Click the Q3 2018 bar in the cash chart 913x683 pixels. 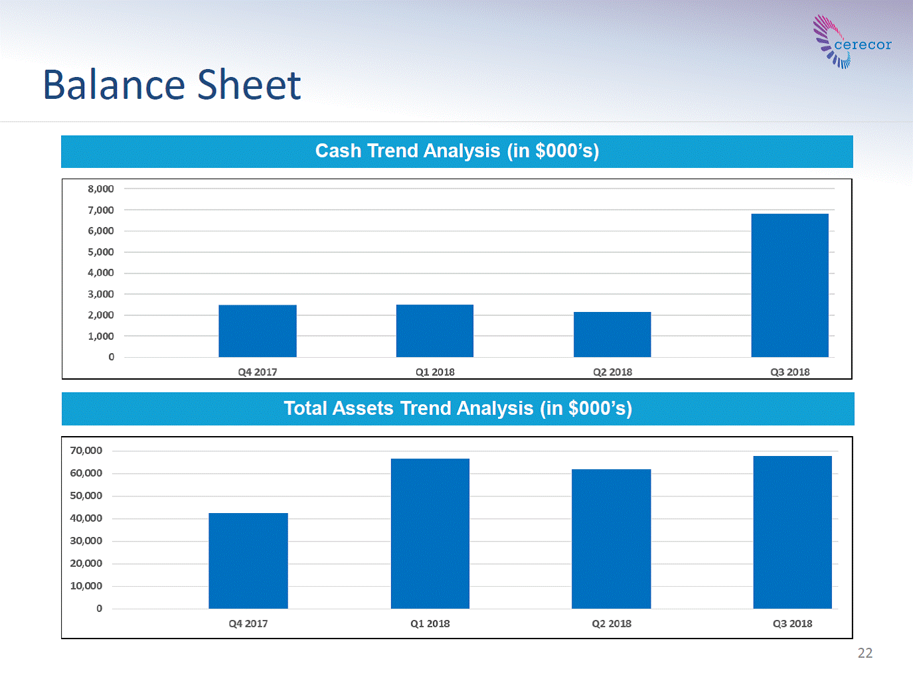click(x=789, y=285)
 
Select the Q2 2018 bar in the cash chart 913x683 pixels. click(x=612, y=335)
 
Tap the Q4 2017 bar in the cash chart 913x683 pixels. click(x=258, y=331)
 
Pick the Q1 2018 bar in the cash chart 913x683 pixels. click(x=435, y=331)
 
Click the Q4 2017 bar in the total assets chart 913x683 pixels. click(x=248, y=561)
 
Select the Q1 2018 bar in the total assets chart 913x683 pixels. click(x=430, y=534)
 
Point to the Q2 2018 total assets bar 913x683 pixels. click(x=611, y=539)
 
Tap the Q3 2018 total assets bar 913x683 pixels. click(x=792, y=532)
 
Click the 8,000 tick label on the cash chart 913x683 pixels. click(x=101, y=189)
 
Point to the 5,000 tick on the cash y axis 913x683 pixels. click(x=101, y=252)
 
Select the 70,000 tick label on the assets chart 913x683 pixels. click(x=86, y=451)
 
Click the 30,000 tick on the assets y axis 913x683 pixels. click(x=86, y=541)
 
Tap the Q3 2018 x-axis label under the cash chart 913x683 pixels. click(x=790, y=372)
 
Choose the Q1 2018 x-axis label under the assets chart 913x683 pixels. click(x=430, y=623)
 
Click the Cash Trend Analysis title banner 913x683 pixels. click(x=457, y=151)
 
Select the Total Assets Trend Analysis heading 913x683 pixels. click(x=458, y=409)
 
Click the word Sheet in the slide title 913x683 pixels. click(x=249, y=85)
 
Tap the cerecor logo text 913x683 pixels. click(x=863, y=44)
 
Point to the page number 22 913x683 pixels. click(x=865, y=653)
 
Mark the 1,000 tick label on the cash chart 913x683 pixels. click(x=101, y=337)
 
